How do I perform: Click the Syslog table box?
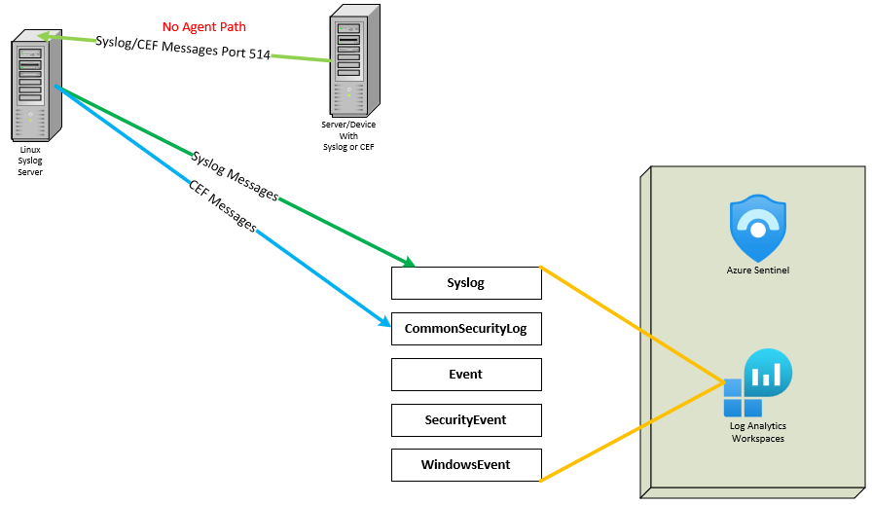click(465, 283)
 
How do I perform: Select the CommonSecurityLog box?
click(465, 329)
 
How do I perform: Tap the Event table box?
click(465, 374)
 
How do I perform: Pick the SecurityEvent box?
click(465, 419)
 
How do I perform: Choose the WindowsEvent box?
click(465, 464)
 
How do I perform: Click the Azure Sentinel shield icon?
click(757, 228)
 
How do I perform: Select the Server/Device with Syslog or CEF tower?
click(353, 60)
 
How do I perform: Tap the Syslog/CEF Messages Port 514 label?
click(182, 47)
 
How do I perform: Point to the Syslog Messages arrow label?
click(235, 176)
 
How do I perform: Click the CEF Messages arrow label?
click(223, 206)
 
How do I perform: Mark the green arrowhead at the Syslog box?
click(409, 262)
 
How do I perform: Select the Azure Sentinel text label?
click(757, 270)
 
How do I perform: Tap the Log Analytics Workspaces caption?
click(757, 432)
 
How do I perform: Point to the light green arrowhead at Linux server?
click(44, 37)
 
